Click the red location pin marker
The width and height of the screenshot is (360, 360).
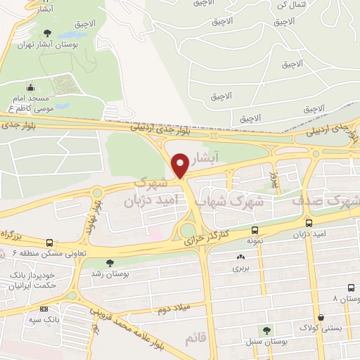pos(180,165)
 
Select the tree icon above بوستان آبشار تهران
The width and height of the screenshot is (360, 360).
pos(47,33)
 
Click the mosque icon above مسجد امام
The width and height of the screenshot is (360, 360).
pos(31,89)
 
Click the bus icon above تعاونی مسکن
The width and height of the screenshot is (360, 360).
pos(49,242)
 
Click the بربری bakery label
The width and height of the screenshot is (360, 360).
pos(241,269)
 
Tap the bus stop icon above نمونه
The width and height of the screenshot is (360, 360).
pos(254,229)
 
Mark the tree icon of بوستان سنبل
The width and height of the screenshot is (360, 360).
pos(266,330)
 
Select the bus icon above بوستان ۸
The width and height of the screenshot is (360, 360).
pos(350,288)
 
